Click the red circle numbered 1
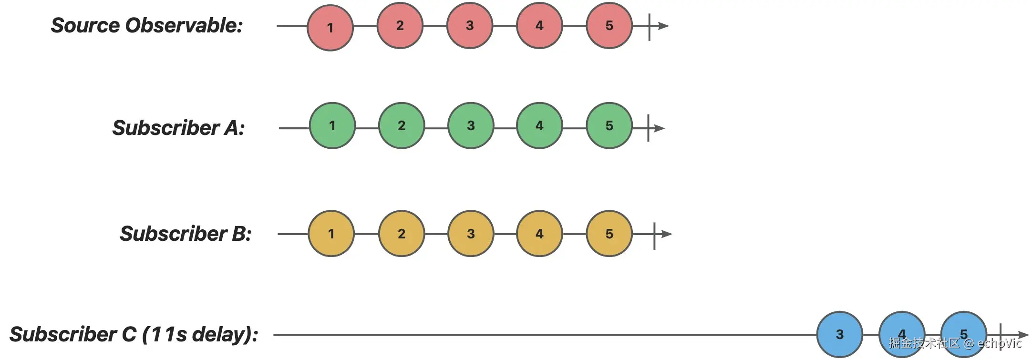click(x=330, y=28)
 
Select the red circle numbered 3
click(x=470, y=25)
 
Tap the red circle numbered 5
click(x=609, y=25)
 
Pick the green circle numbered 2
click(x=402, y=125)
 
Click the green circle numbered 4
click(x=539, y=125)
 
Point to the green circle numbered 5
click(x=609, y=125)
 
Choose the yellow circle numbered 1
click(x=331, y=234)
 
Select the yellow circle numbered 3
click(x=471, y=234)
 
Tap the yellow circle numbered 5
click(x=609, y=234)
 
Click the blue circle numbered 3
click(x=839, y=334)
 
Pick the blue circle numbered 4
click(x=901, y=334)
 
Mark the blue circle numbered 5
click(x=963, y=334)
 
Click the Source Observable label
click(x=147, y=26)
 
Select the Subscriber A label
click(x=178, y=128)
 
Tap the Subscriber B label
click(x=185, y=234)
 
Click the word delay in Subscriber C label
click(x=217, y=334)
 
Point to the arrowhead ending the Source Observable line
click(x=664, y=26)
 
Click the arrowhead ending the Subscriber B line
click(x=667, y=234)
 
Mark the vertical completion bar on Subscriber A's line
click(x=648, y=128)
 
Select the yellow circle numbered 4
click(x=539, y=234)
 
